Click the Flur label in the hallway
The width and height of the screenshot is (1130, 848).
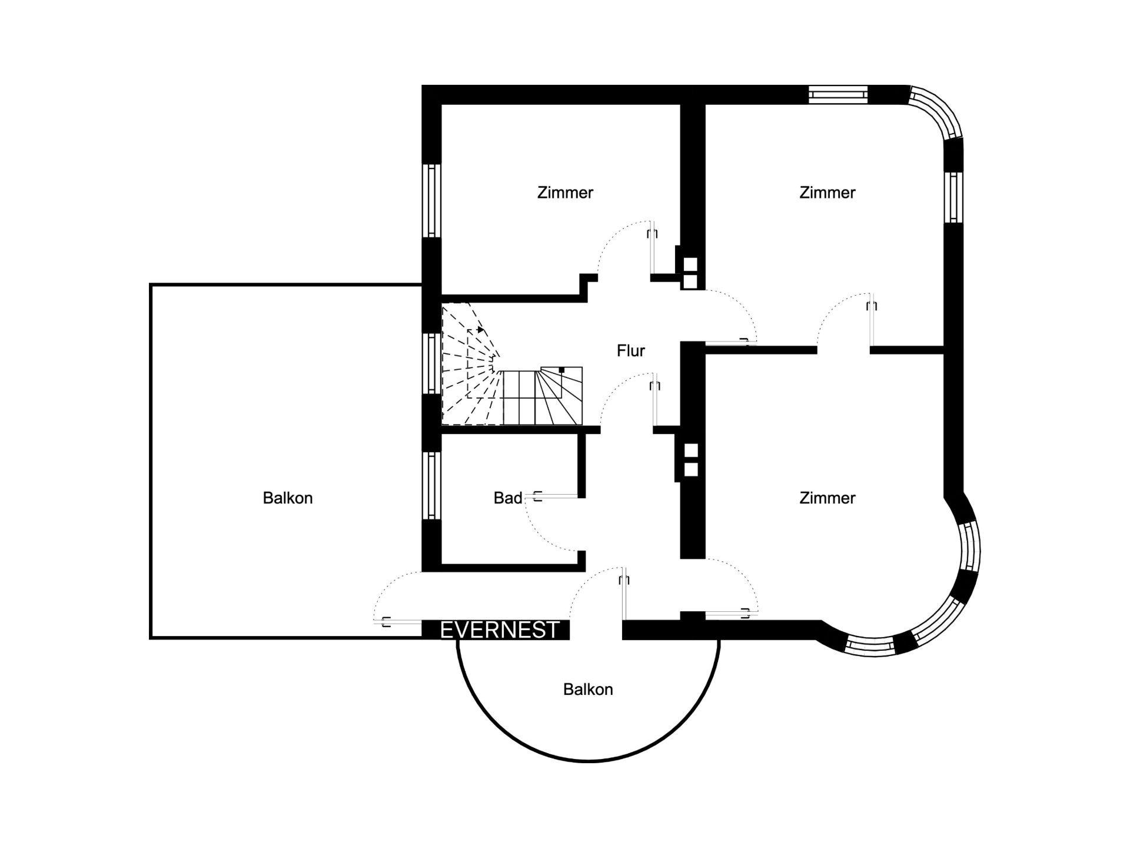(x=631, y=351)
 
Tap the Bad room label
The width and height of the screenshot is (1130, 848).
(x=508, y=498)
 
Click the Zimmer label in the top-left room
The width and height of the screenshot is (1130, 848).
(x=565, y=193)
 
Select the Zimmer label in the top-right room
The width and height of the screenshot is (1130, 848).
(x=827, y=193)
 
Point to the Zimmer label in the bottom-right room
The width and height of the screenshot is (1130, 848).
(x=827, y=498)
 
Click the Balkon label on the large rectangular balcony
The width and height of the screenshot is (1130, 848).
(x=288, y=498)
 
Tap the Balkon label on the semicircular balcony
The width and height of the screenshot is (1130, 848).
(x=588, y=690)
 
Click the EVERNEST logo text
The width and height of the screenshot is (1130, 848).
(x=499, y=630)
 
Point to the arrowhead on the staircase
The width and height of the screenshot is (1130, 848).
(x=481, y=330)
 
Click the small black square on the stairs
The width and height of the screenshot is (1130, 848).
(x=561, y=370)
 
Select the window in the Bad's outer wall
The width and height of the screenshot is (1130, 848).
(x=432, y=486)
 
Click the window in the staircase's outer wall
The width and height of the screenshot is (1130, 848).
(x=432, y=363)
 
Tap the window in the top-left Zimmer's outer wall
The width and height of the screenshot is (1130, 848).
(x=432, y=201)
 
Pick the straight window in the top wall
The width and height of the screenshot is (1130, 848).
(x=838, y=94)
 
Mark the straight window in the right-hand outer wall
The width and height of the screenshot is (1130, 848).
(x=954, y=197)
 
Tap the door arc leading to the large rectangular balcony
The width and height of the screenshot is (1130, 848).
(x=390, y=587)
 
